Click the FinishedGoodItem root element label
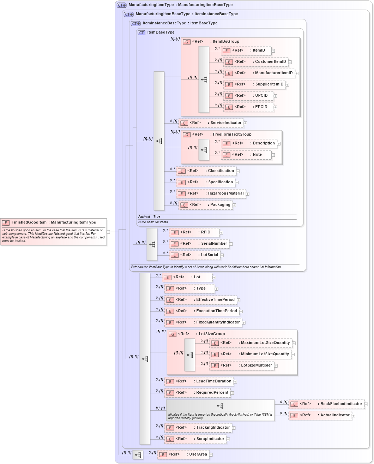[x=53, y=222]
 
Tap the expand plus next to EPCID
[x=275, y=107]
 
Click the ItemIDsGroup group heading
[x=226, y=42]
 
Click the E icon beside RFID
[x=174, y=233]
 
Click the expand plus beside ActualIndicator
[x=353, y=416]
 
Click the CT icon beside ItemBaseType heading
[x=141, y=32]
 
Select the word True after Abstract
[x=157, y=216]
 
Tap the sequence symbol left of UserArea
[x=138, y=455]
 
